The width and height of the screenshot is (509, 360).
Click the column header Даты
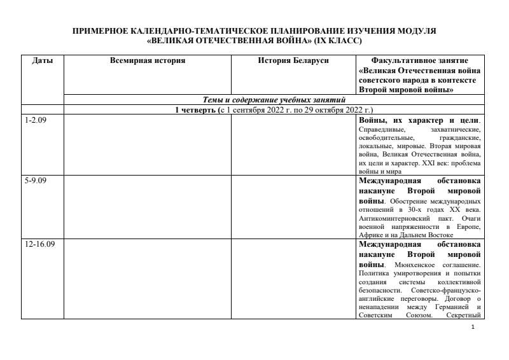tap(43, 60)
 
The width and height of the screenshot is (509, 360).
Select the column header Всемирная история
tap(148, 60)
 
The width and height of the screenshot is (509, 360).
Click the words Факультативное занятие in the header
tap(419, 60)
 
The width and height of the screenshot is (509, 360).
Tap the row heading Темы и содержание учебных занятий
tap(274, 100)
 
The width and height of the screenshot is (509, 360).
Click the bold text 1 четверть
tap(196, 110)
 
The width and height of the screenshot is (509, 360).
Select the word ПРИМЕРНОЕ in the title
tap(101, 31)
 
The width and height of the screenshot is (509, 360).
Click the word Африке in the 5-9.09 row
tap(370, 235)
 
